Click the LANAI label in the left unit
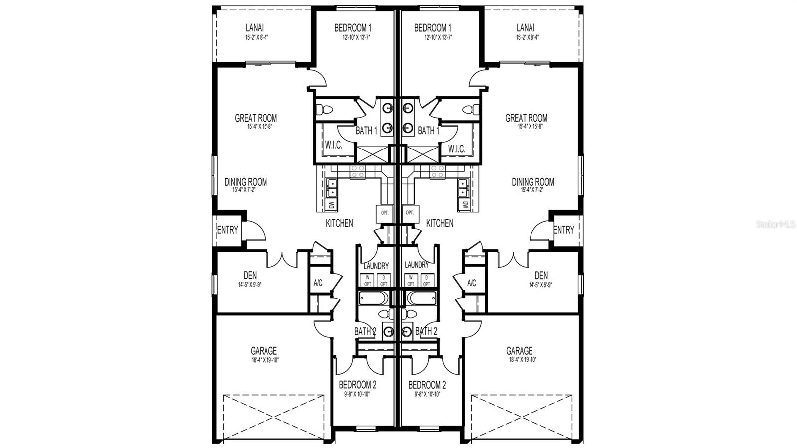[x=254, y=28]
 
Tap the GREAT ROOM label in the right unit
[x=526, y=118]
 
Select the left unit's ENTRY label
[x=228, y=230]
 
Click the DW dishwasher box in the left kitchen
[x=332, y=204]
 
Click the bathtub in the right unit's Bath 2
[x=420, y=299]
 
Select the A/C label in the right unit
[x=471, y=283]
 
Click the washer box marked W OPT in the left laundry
[x=368, y=281]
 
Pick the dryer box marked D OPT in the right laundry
[x=426, y=281]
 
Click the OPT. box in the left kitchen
[x=384, y=212]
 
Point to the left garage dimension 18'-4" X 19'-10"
[x=264, y=360]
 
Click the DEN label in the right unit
[x=541, y=275]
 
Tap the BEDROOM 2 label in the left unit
[x=357, y=385]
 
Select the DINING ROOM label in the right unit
[x=532, y=182]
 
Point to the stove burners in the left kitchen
[x=358, y=171]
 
